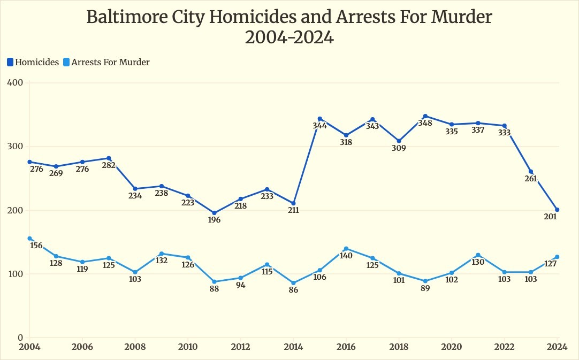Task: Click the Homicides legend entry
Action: tap(33, 62)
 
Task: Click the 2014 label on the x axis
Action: tap(293, 346)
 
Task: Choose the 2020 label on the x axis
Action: tap(451, 346)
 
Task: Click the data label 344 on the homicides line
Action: tap(320, 126)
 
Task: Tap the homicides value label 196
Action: tap(215, 220)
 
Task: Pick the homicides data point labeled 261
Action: tap(531, 172)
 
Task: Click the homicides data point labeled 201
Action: tap(557, 210)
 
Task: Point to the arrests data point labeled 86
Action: tap(293, 283)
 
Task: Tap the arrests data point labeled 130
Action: tap(478, 255)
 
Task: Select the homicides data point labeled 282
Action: tap(109, 158)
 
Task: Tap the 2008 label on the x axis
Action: tap(135, 346)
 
